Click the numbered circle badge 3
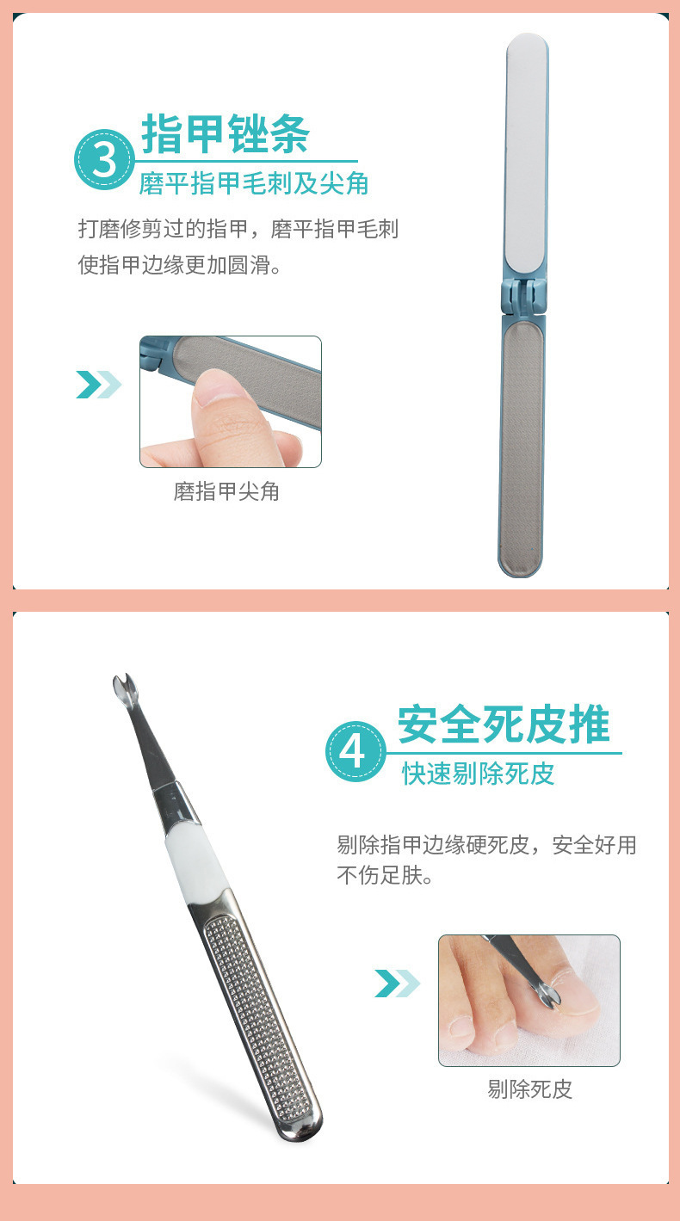104,159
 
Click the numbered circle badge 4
355,752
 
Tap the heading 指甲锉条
226,133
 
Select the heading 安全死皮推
504,725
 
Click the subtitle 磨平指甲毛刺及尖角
254,183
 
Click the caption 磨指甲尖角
226,491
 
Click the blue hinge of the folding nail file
523,296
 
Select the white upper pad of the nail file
526,152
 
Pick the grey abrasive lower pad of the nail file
522,447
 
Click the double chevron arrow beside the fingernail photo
99,385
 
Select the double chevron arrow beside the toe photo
397,984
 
